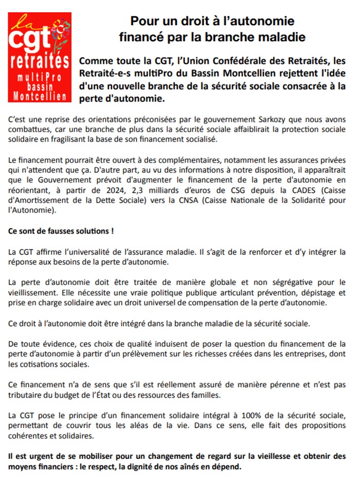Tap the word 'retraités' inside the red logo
point(40,62)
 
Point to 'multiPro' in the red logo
point(40,77)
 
